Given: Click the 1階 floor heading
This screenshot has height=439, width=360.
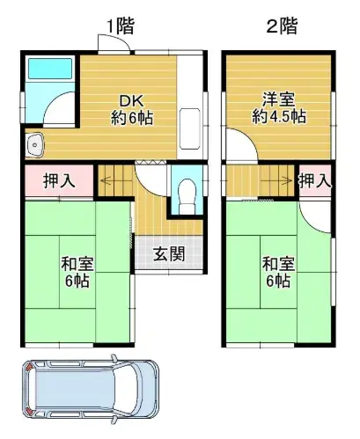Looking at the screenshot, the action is point(120,26).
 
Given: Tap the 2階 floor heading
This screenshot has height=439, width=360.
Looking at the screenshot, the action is point(282,26).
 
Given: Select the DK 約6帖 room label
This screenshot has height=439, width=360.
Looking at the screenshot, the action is point(132,110).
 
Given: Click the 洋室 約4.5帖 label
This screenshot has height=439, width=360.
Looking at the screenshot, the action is point(279,107).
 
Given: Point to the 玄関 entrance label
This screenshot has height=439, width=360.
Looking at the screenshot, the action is point(169,253).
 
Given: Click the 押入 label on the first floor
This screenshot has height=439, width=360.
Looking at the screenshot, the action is point(59,180).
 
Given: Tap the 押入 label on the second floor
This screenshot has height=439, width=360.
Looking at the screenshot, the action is point(315,180).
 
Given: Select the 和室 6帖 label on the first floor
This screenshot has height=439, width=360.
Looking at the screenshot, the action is point(77,272).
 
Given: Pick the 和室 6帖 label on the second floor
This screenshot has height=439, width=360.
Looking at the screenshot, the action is point(278,272).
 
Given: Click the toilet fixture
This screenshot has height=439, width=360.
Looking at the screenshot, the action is point(187,195).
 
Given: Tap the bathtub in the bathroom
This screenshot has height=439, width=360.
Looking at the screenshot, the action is point(50,69).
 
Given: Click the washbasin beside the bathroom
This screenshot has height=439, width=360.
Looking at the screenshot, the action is point(35,145).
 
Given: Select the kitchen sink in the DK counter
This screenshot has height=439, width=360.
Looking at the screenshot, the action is point(190,128).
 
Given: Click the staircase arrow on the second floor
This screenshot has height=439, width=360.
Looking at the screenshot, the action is point(276,180).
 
